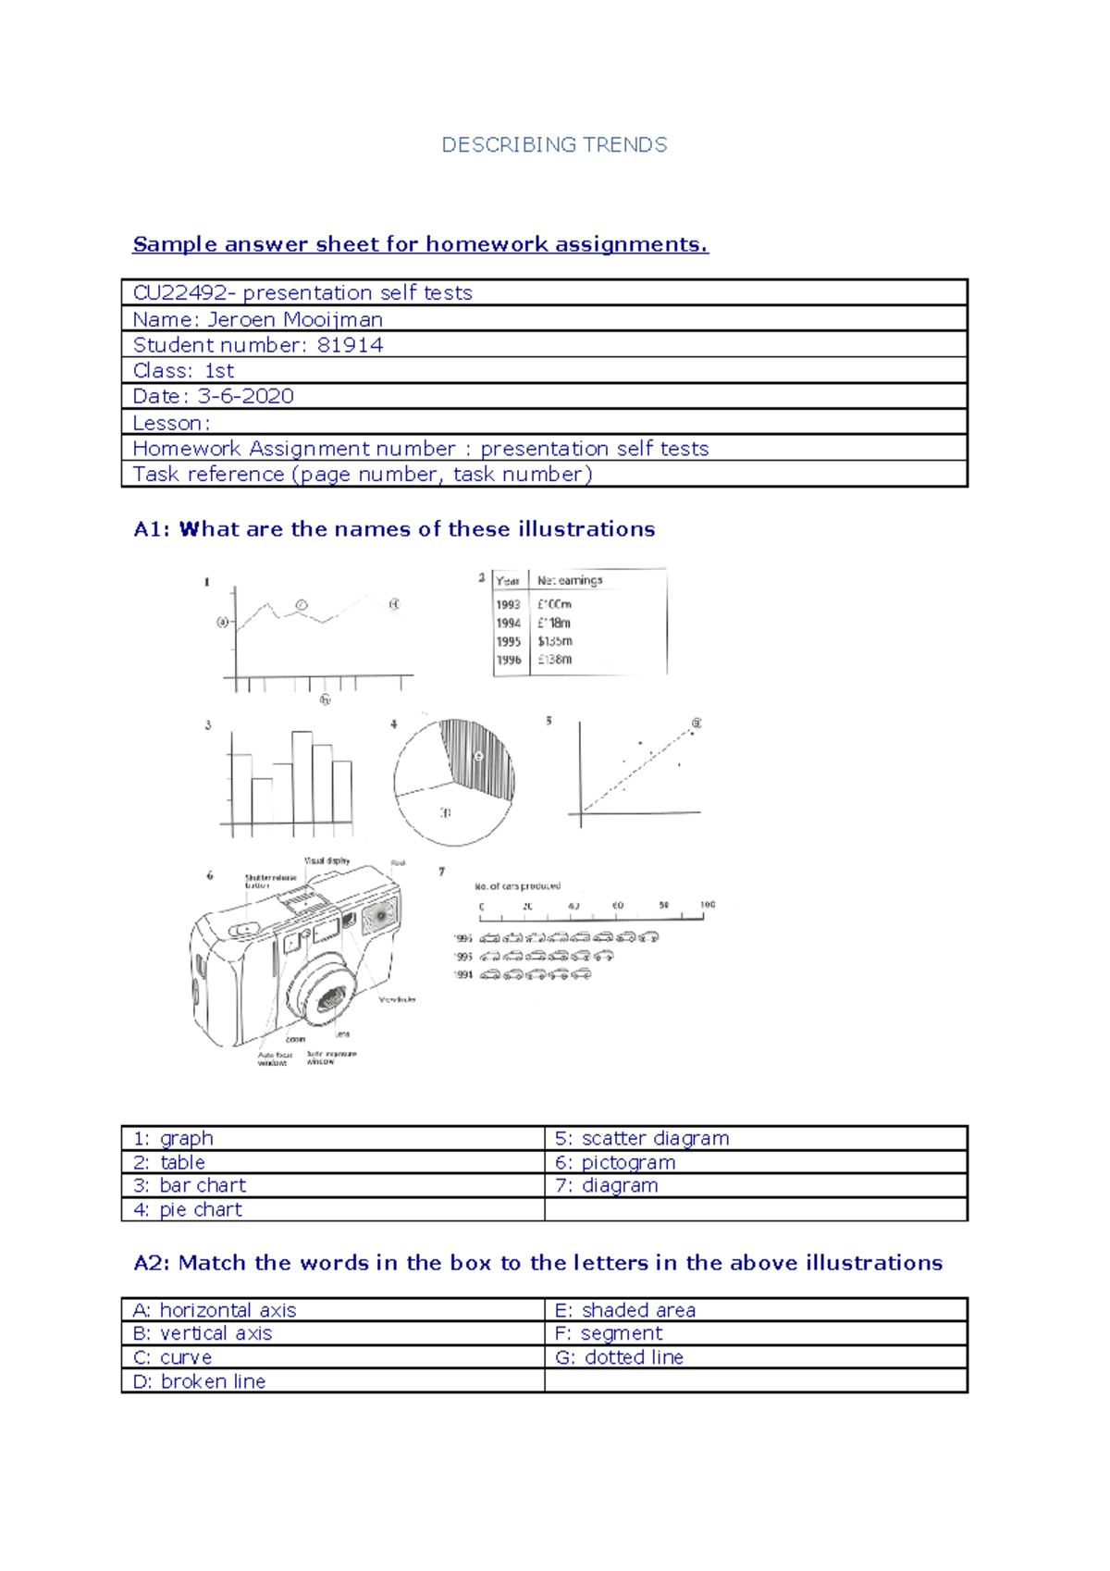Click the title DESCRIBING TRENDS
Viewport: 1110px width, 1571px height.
pos(554,145)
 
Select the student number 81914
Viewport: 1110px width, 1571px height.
pos(350,345)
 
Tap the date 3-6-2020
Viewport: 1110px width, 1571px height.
pos(245,396)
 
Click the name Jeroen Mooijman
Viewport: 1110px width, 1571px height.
pos(294,319)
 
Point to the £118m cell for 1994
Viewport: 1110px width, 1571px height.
pos(554,623)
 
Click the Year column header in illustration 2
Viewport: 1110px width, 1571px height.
pos(508,581)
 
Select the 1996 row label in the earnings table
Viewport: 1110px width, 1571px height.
pos(508,660)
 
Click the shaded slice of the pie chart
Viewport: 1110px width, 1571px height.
pos(479,757)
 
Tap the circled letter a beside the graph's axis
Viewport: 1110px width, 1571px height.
pos(222,622)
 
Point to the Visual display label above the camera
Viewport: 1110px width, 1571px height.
pos(327,860)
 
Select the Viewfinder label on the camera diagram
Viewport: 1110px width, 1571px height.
pos(398,999)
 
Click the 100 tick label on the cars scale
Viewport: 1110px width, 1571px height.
pos(708,905)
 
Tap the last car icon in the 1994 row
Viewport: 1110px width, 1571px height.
pos(581,974)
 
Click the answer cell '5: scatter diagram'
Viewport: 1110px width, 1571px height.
pos(641,1138)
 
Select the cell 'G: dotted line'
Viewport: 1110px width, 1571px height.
pos(619,1357)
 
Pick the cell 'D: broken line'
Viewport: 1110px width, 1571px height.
pos(199,1381)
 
